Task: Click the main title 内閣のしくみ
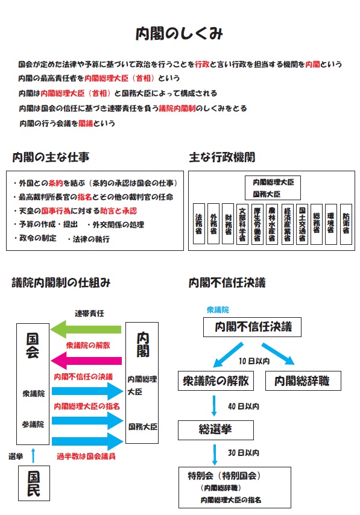pyautogui.click(x=180, y=34)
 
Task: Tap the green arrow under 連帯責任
pyautogui.click(x=87, y=329)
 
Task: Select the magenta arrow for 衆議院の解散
pyautogui.click(x=87, y=361)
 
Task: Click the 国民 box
pyautogui.click(x=33, y=482)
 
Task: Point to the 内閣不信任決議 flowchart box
pyautogui.click(x=252, y=327)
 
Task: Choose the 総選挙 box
pyautogui.click(x=215, y=430)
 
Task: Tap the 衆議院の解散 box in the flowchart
pyautogui.click(x=215, y=381)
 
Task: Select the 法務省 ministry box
pyautogui.click(x=198, y=223)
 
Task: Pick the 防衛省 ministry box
pyautogui.click(x=346, y=223)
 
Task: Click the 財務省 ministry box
pyautogui.click(x=228, y=223)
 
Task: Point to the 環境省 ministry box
pyautogui.click(x=330, y=223)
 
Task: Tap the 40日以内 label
pyautogui.click(x=244, y=406)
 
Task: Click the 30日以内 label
pyautogui.click(x=244, y=452)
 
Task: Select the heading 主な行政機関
pyautogui.click(x=222, y=157)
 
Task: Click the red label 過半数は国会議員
pyautogui.click(x=85, y=456)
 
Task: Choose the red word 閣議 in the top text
pyautogui.click(x=86, y=123)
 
